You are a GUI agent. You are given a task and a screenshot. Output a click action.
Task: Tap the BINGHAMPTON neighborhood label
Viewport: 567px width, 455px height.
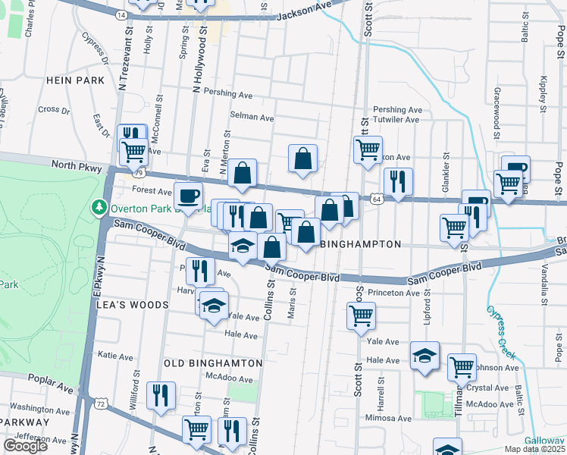click(x=360, y=245)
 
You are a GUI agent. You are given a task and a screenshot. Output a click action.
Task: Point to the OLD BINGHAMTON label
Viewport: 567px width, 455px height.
click(x=213, y=363)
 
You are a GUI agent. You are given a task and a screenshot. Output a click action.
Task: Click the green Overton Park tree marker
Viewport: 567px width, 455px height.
click(x=98, y=207)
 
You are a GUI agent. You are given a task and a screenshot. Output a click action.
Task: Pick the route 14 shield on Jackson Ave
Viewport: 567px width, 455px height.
click(x=121, y=14)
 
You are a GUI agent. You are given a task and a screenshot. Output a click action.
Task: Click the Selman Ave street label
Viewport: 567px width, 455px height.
click(x=252, y=118)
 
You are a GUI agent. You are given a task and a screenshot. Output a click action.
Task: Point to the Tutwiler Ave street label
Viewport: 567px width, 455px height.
click(x=397, y=120)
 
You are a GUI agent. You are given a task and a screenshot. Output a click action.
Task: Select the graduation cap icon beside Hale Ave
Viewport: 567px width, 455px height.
click(x=424, y=355)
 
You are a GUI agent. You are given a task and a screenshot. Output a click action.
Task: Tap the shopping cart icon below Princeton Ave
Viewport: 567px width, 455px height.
click(x=362, y=315)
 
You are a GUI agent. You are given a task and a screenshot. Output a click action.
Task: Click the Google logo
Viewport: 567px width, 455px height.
click(x=26, y=446)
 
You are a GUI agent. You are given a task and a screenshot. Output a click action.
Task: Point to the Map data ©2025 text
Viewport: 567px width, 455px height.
click(x=534, y=449)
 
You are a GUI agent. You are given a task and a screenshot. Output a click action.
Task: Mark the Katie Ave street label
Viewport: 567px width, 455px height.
click(x=115, y=355)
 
